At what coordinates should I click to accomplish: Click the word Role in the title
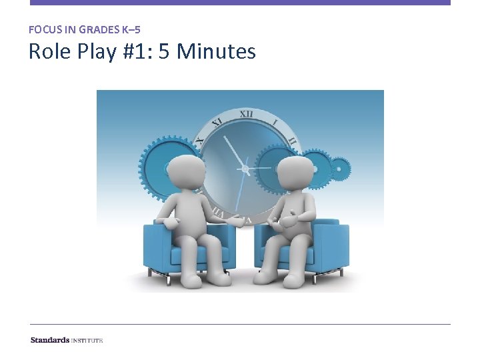48,51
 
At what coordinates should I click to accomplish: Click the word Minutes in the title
216,51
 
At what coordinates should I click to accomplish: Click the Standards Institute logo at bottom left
67,340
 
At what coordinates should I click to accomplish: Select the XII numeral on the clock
246,115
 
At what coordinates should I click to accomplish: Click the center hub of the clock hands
245,171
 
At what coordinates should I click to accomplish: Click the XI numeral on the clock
217,123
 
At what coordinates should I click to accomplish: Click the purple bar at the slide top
240,3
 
